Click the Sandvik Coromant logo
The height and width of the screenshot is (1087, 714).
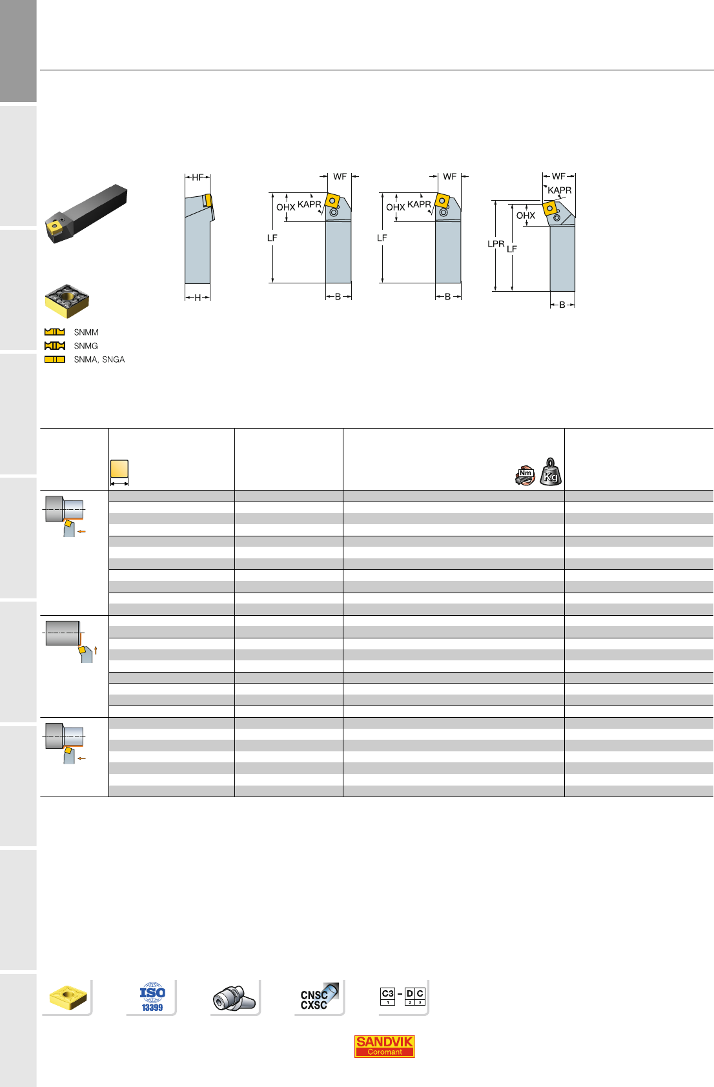tap(384, 1046)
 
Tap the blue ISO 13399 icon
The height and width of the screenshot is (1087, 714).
tap(152, 997)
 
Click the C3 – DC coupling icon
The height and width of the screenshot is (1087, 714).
tap(403, 996)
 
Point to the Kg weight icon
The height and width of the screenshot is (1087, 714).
tap(551, 472)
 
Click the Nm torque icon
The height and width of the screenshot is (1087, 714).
tap(525, 476)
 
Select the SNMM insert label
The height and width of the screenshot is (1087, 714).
tap(86, 332)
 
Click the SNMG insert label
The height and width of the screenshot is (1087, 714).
tap(86, 346)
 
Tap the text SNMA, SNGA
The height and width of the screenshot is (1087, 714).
tap(99, 360)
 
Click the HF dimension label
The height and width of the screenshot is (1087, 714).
tap(198, 178)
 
